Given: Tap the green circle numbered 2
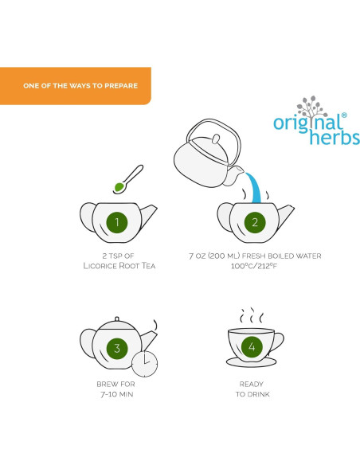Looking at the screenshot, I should point(255,221).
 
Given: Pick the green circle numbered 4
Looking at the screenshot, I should point(252,347).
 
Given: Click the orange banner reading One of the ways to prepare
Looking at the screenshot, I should point(75,85).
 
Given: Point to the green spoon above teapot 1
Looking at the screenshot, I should point(120,186).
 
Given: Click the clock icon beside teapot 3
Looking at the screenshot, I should point(144,364).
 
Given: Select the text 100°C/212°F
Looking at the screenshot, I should point(255,265).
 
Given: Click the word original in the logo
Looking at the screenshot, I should point(307,123).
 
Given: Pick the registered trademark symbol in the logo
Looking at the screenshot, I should point(344,115).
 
